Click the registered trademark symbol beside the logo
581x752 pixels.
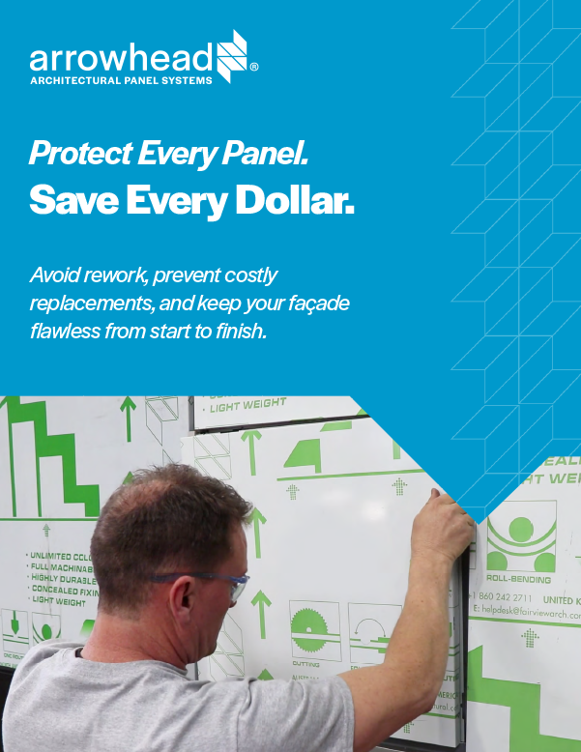pos(254,68)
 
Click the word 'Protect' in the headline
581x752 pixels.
pos(80,153)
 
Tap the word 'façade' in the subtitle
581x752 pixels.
pos(315,304)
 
